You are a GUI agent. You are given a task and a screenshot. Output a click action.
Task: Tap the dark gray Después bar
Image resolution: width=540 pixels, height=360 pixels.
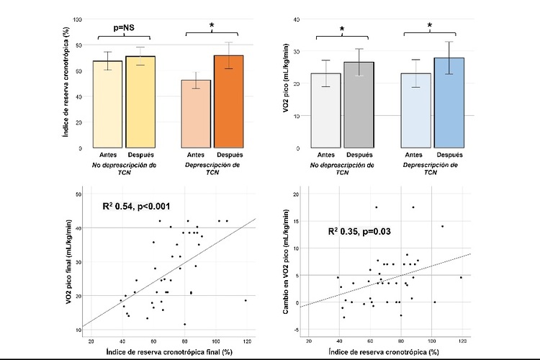point(358,104)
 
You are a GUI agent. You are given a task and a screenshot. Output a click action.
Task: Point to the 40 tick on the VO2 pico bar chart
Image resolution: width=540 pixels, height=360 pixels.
point(296,19)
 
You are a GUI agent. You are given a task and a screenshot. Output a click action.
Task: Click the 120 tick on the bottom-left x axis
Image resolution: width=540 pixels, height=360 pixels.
point(246,339)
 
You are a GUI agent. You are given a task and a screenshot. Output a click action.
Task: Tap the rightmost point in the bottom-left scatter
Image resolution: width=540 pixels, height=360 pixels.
point(246,300)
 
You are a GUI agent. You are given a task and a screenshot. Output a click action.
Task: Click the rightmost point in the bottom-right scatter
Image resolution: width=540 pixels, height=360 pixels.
point(461,277)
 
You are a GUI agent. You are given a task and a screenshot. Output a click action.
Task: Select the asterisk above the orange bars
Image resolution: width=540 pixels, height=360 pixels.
point(212,26)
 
